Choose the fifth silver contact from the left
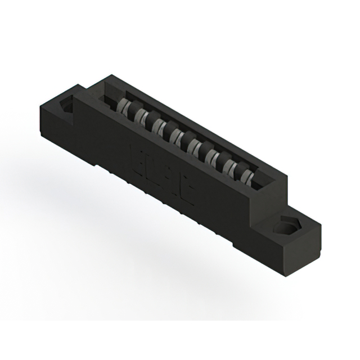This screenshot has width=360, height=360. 196,146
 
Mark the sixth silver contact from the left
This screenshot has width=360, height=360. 213,155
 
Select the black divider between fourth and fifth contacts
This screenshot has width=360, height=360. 187,141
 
